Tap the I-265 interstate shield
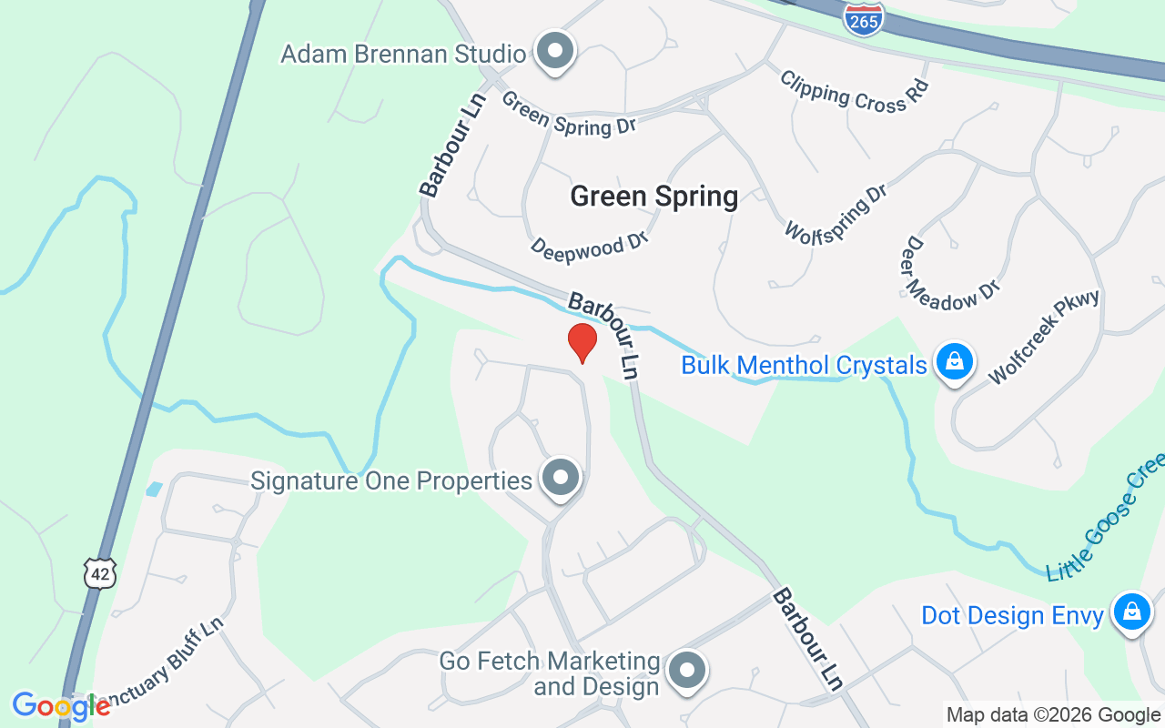point(863,19)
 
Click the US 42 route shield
point(100,573)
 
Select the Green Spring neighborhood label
point(653,197)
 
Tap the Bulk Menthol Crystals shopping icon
point(954,362)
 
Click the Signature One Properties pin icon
point(561,477)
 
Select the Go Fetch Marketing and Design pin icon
point(687,671)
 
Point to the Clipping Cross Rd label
point(855,91)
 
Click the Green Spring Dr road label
point(569,113)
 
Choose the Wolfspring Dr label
point(836,213)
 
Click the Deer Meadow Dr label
point(950,275)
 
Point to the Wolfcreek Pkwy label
point(1044,338)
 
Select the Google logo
point(61,705)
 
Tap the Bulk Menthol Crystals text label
point(804,366)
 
